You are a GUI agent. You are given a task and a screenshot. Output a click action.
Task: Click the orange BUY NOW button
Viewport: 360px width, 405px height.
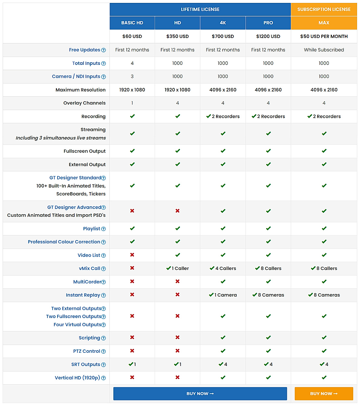coord(324,394)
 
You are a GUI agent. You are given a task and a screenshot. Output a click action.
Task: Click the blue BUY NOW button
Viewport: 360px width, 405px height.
coord(200,394)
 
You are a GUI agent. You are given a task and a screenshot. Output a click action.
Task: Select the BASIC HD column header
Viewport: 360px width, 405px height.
coord(132,23)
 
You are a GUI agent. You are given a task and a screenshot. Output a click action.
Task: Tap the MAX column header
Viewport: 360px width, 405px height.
coord(324,23)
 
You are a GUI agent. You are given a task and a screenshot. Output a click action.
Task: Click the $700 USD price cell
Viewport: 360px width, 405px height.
coord(223,36)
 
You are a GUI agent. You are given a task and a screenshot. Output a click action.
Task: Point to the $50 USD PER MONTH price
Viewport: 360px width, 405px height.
coord(324,36)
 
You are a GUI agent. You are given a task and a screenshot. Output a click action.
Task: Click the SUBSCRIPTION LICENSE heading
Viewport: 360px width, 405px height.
coord(324,9)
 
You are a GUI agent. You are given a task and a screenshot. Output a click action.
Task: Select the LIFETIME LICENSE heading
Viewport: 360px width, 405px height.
coord(200,9)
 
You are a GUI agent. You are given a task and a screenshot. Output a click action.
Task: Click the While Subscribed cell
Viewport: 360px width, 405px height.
coord(324,50)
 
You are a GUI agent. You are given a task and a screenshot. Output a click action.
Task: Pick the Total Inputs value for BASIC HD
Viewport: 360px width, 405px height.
coord(132,63)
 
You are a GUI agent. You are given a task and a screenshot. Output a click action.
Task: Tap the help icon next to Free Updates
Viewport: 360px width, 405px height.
coord(103,50)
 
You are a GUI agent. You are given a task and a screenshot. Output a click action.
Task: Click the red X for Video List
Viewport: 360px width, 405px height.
coord(132,255)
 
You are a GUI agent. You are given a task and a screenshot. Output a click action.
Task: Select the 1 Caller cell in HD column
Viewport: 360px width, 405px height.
coord(177,268)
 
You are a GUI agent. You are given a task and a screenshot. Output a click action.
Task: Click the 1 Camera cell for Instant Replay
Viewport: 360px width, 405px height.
coord(223,295)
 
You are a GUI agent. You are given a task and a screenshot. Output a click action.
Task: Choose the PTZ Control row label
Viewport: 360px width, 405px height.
coord(86,351)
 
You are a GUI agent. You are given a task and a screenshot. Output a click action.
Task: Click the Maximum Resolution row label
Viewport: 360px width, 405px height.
coord(81,90)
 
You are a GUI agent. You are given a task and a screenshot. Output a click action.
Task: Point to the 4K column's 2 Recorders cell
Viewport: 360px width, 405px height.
coord(223,117)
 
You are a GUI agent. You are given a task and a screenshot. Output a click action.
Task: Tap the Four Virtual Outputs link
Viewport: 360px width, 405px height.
coord(77,325)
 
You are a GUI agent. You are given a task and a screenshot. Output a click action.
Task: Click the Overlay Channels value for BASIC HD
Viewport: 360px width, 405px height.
coord(132,103)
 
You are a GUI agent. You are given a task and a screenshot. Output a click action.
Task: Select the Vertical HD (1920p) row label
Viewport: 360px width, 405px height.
coord(77,378)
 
